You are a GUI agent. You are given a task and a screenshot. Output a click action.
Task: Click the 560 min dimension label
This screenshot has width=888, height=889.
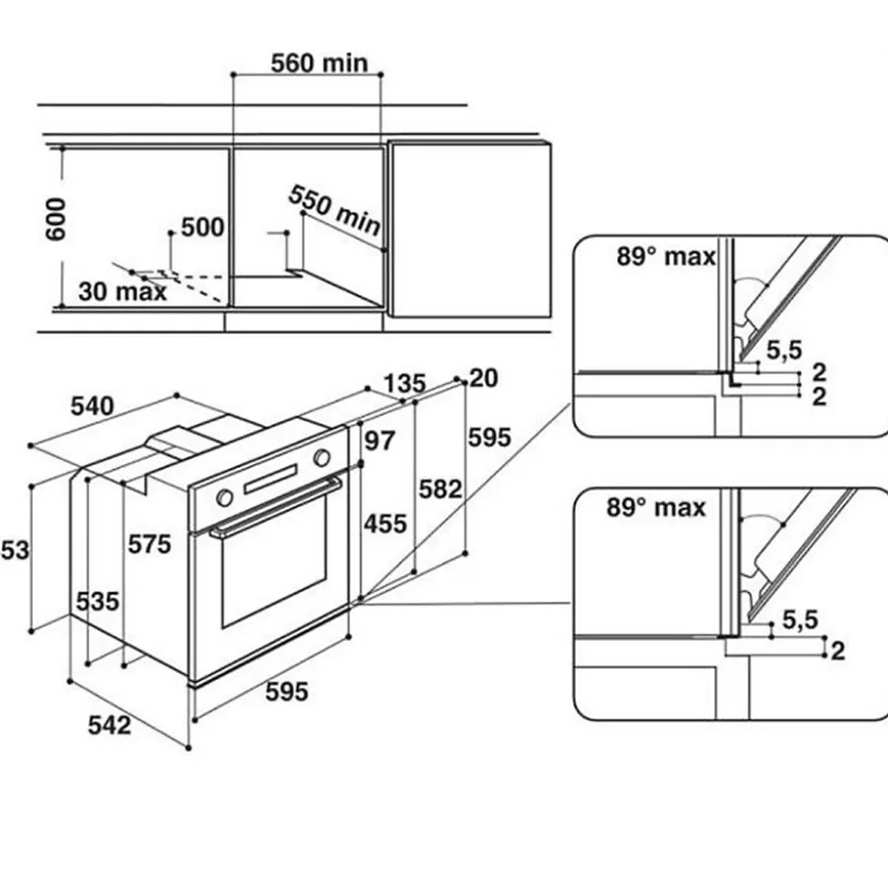319,62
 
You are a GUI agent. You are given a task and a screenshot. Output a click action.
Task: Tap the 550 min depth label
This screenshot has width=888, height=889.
335,212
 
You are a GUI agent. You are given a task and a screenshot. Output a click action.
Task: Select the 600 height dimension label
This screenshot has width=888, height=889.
57,218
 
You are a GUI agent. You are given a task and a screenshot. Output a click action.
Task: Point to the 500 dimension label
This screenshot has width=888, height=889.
202,227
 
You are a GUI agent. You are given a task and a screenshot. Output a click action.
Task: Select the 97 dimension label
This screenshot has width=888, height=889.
379,441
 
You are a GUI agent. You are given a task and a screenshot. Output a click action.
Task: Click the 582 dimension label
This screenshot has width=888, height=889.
440,489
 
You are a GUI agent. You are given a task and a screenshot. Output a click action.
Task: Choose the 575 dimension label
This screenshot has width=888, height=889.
149,545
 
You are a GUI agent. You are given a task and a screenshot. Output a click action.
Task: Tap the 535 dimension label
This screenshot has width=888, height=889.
97,602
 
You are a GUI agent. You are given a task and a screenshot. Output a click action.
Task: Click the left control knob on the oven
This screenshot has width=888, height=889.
223,498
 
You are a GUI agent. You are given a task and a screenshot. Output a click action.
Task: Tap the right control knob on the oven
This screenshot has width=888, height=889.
322,457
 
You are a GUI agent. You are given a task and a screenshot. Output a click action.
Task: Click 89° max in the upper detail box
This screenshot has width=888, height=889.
666,257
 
